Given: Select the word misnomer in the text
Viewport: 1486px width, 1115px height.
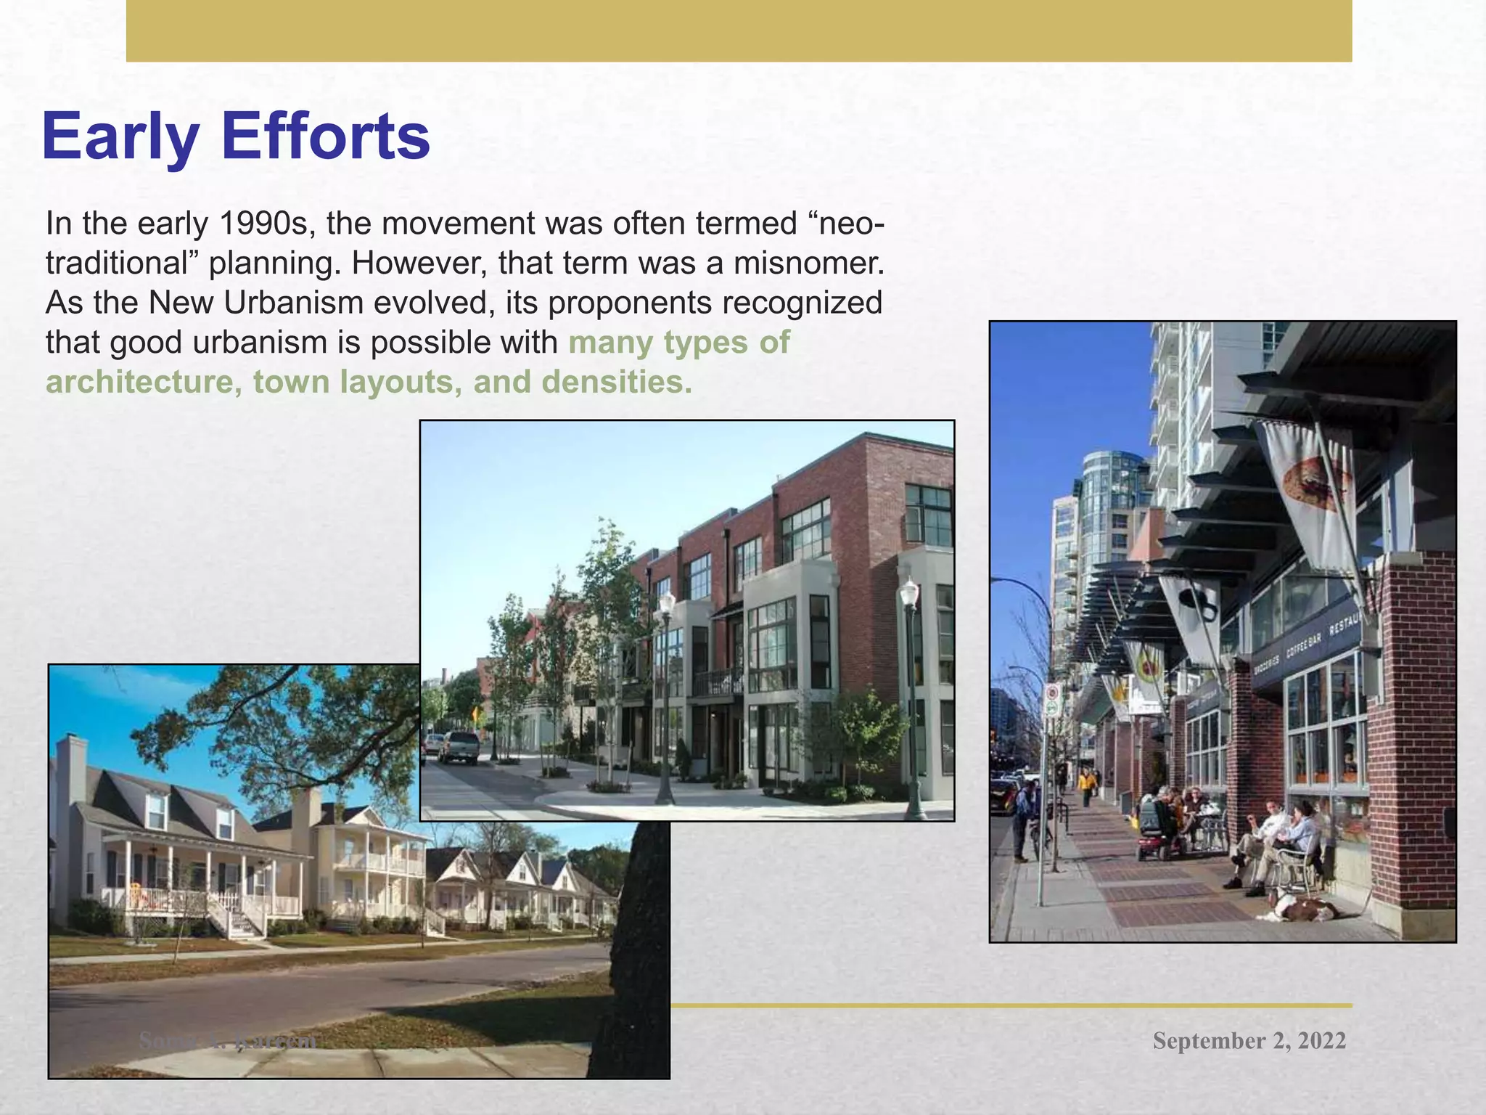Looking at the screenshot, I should (x=808, y=263).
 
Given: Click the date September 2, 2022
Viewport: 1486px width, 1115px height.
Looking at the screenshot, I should (x=1249, y=1040).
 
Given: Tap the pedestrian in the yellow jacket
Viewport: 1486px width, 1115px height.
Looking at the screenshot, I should (x=1086, y=786).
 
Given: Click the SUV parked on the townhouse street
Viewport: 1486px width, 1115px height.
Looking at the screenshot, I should (x=458, y=747).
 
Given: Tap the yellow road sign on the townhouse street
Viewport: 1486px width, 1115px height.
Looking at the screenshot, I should (x=477, y=714).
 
